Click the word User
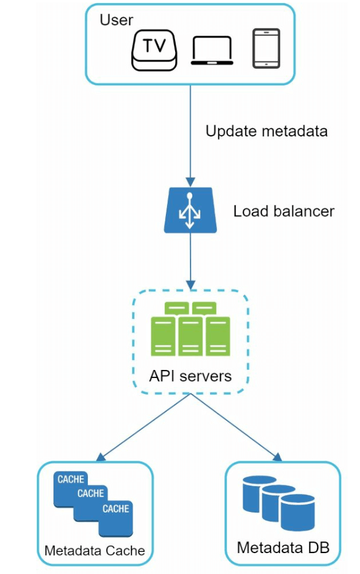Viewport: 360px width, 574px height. click(x=116, y=20)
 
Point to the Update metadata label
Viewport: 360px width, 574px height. click(x=267, y=131)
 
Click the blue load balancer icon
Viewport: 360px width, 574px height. click(x=190, y=210)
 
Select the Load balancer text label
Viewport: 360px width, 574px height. click(x=284, y=211)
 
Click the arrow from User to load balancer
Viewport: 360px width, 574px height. click(x=190, y=135)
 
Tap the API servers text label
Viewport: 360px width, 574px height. click(x=190, y=375)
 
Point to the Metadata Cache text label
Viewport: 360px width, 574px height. click(x=95, y=550)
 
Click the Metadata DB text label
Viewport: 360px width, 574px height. click(x=283, y=547)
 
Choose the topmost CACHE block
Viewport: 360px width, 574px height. click(x=69, y=480)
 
